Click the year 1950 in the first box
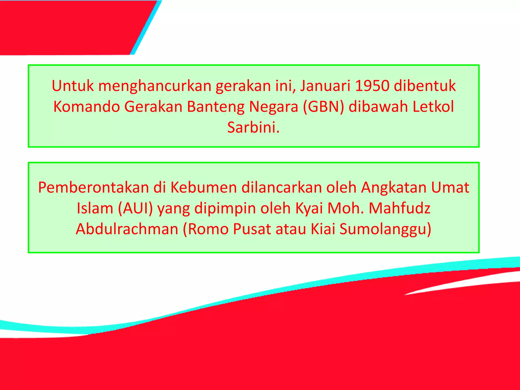coord(372,86)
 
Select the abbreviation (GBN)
coord(323,107)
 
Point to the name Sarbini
coord(253,127)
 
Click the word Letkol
coord(433,107)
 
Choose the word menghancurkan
coord(155,86)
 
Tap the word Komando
coord(87,107)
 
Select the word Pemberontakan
coord(93,188)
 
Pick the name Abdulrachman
coord(127,229)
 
